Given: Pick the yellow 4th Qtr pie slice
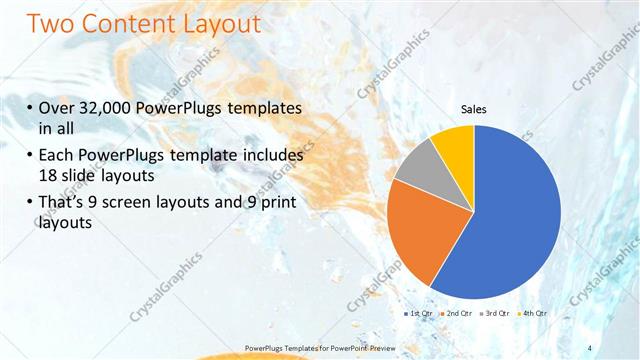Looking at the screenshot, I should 455,142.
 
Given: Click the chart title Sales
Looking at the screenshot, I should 473,110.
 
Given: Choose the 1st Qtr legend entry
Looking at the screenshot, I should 418,313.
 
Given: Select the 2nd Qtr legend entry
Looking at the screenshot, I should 457,313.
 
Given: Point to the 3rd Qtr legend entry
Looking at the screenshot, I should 495,313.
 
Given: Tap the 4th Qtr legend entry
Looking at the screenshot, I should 533,313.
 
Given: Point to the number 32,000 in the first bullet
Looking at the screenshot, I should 107,109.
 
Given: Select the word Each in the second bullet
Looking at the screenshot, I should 56,156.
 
